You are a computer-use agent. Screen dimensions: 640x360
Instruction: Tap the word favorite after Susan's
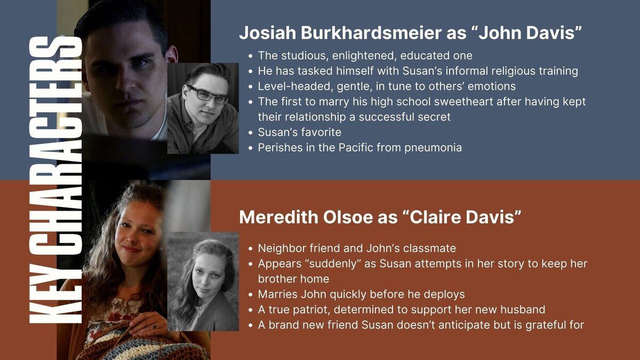click(x=322, y=132)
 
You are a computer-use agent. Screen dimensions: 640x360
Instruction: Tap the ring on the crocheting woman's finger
click(x=154, y=326)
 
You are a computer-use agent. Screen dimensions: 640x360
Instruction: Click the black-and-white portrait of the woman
click(x=203, y=282)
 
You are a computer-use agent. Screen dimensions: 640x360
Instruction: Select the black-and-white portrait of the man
click(x=203, y=108)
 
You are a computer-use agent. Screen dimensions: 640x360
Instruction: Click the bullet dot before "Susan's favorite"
click(x=251, y=133)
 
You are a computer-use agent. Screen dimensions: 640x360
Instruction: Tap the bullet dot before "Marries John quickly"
click(x=251, y=294)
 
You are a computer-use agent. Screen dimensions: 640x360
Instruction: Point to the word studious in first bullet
click(x=303, y=55)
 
